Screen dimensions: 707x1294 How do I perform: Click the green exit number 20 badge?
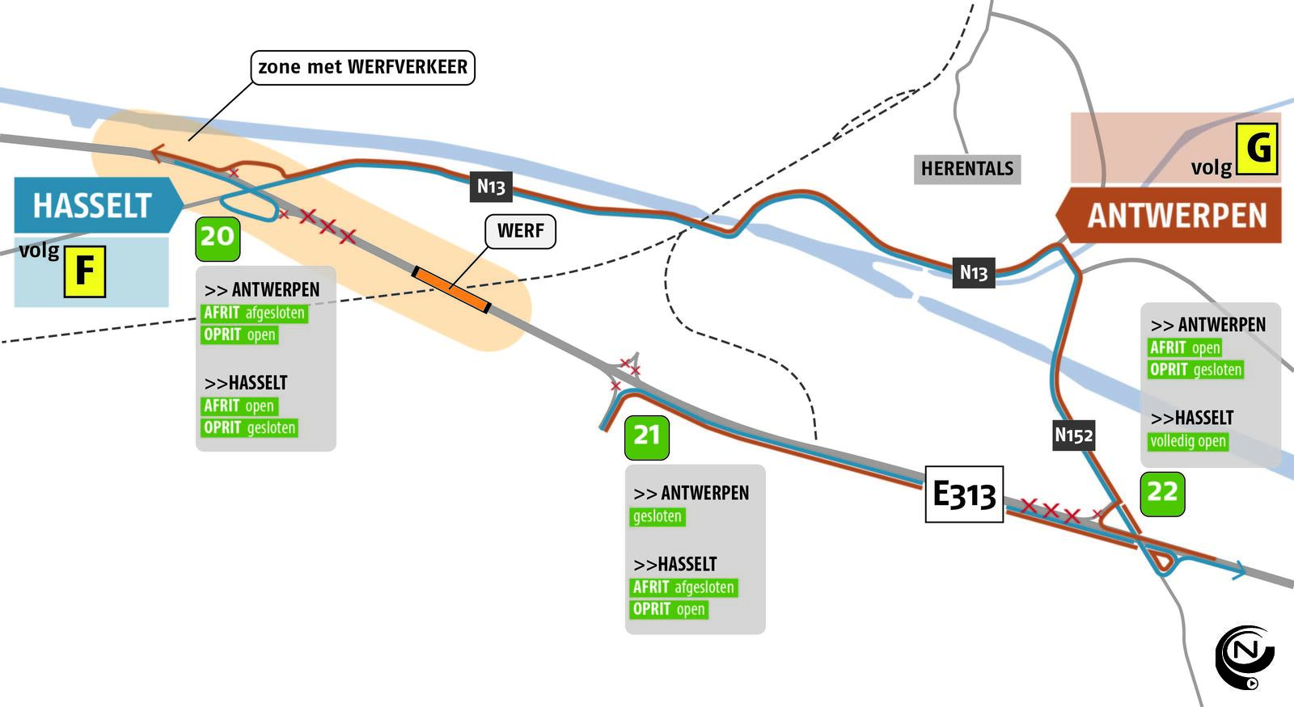[218, 238]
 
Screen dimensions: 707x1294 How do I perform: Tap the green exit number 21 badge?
[647, 437]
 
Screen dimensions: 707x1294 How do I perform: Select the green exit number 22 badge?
[1162, 493]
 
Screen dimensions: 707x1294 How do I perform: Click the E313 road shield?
[964, 494]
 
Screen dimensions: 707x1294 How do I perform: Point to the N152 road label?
[1073, 436]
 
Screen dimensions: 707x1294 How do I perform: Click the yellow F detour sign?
[85, 272]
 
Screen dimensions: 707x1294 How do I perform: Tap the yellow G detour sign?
[1257, 149]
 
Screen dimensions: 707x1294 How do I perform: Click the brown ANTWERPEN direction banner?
[1172, 216]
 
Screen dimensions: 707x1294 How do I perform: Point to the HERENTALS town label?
[966, 169]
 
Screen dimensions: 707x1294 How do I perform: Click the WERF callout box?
[520, 231]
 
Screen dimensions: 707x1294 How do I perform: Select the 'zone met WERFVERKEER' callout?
[362, 67]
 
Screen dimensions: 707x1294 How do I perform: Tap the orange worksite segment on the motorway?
[451, 288]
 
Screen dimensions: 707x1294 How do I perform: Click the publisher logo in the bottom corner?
[1245, 655]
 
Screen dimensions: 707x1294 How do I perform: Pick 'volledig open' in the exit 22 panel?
[1188, 441]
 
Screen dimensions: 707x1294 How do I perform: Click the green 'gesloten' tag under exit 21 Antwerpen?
[657, 516]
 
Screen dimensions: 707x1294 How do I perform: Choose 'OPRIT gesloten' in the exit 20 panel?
[249, 427]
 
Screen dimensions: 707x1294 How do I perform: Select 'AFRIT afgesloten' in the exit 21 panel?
[683, 587]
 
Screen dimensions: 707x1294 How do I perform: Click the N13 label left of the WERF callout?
[491, 187]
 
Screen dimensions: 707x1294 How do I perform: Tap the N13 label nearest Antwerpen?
[973, 273]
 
